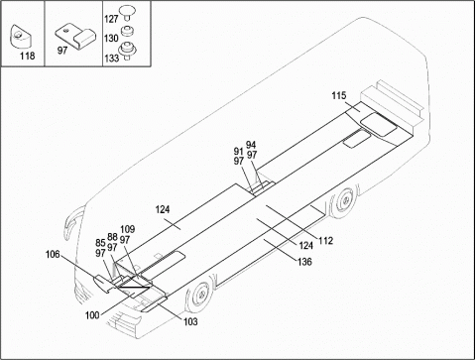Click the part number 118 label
tap(27, 56)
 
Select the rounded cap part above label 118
tap(22, 36)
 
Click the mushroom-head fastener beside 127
tap(127, 12)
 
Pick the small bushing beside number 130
tap(127, 31)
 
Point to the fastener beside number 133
tap(127, 51)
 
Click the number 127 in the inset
tap(111, 19)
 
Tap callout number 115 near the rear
tap(339, 96)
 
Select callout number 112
tap(326, 241)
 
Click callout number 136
tap(304, 262)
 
